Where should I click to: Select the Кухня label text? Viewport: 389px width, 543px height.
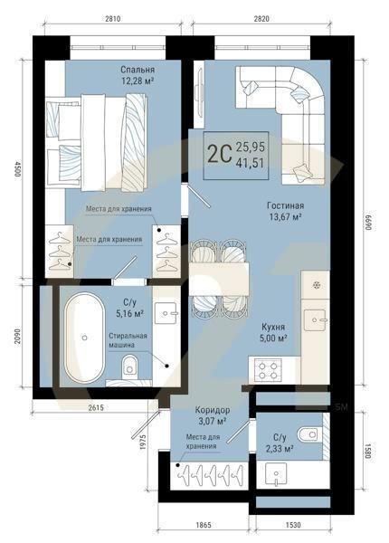tap(272, 325)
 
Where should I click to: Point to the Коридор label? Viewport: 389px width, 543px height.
tap(213, 410)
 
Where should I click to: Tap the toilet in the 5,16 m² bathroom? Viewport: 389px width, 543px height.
tap(130, 365)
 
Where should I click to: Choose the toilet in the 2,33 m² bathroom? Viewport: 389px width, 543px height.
tap(310, 435)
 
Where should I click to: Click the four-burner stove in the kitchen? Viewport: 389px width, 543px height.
tap(269, 368)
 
